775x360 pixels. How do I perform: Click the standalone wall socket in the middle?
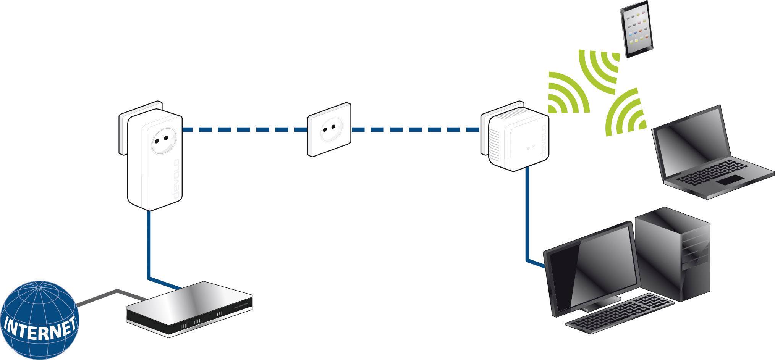point(330,129)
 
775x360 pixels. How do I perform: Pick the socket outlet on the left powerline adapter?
point(160,141)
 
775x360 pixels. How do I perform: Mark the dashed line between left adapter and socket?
point(244,130)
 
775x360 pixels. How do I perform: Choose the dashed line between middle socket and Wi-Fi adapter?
point(414,130)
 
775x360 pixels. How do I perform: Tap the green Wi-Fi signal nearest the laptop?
point(625,113)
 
